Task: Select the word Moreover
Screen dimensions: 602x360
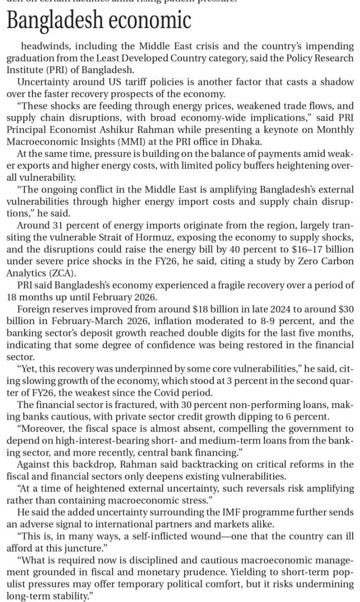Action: (41, 412)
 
